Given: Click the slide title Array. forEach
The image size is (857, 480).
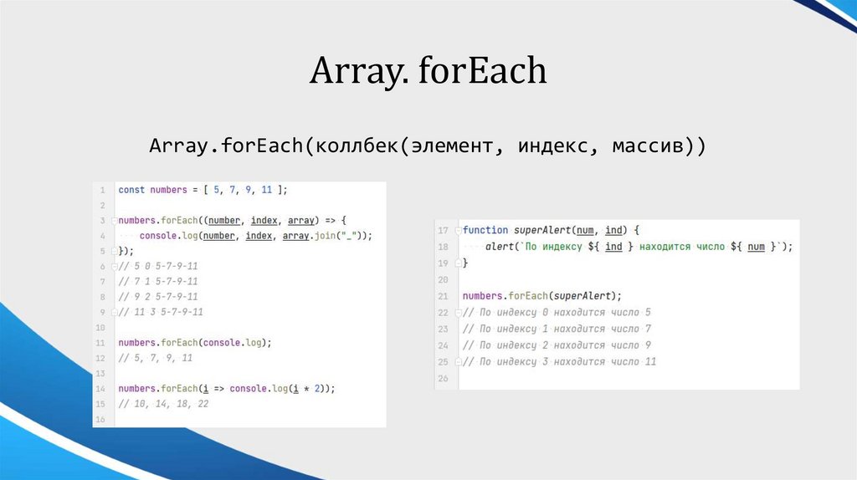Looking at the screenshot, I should [x=428, y=71].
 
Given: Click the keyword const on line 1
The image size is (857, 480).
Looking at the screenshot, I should [x=131, y=190].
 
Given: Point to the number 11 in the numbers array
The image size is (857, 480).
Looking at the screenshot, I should [x=266, y=190].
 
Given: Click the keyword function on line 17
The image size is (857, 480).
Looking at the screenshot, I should [x=485, y=230].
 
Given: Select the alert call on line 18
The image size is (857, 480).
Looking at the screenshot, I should [x=500, y=247].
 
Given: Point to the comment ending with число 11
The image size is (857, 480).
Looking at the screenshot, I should [x=559, y=362].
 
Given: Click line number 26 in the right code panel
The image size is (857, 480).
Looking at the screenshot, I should [x=443, y=378].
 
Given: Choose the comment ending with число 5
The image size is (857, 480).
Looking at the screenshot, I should [x=557, y=313].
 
